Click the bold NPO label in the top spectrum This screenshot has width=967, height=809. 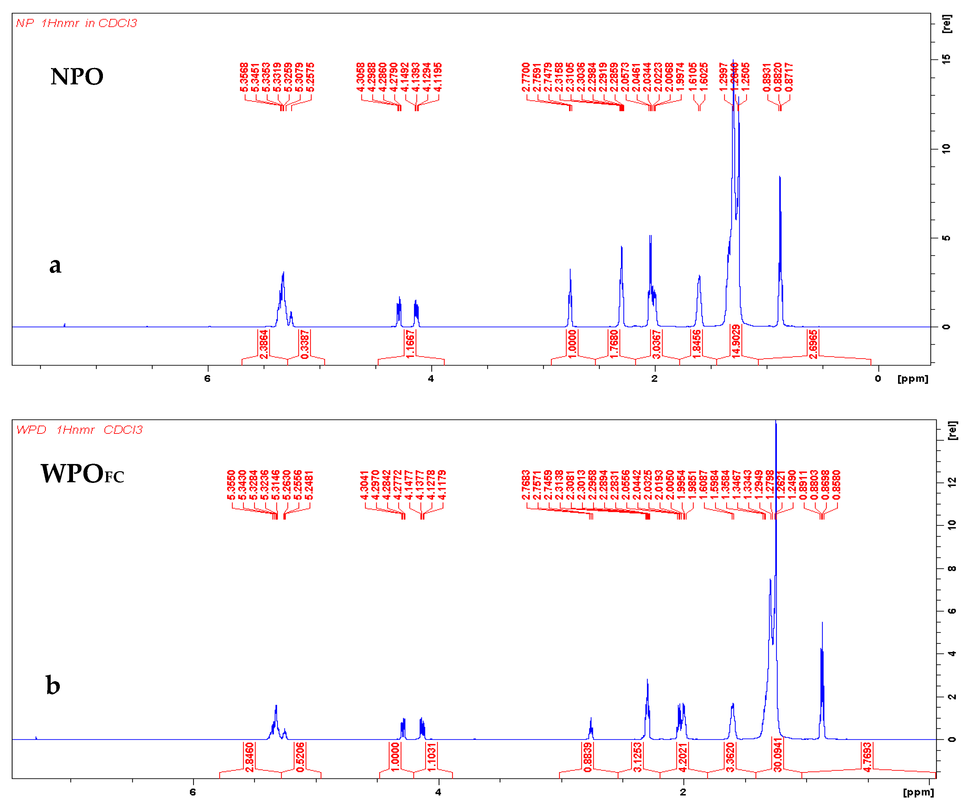[x=77, y=76]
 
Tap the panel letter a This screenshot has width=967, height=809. [x=55, y=265]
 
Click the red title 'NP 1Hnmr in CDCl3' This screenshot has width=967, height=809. [x=76, y=23]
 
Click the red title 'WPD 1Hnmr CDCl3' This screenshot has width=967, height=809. [x=79, y=430]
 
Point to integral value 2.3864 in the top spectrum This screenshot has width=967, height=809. [x=263, y=344]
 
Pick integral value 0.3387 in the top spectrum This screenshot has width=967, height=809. [x=305, y=344]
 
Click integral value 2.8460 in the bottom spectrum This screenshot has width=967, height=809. [x=250, y=757]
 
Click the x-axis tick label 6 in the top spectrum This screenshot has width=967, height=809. [x=208, y=378]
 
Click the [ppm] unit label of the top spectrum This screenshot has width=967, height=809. [x=913, y=378]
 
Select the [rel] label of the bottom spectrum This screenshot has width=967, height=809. [x=952, y=431]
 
